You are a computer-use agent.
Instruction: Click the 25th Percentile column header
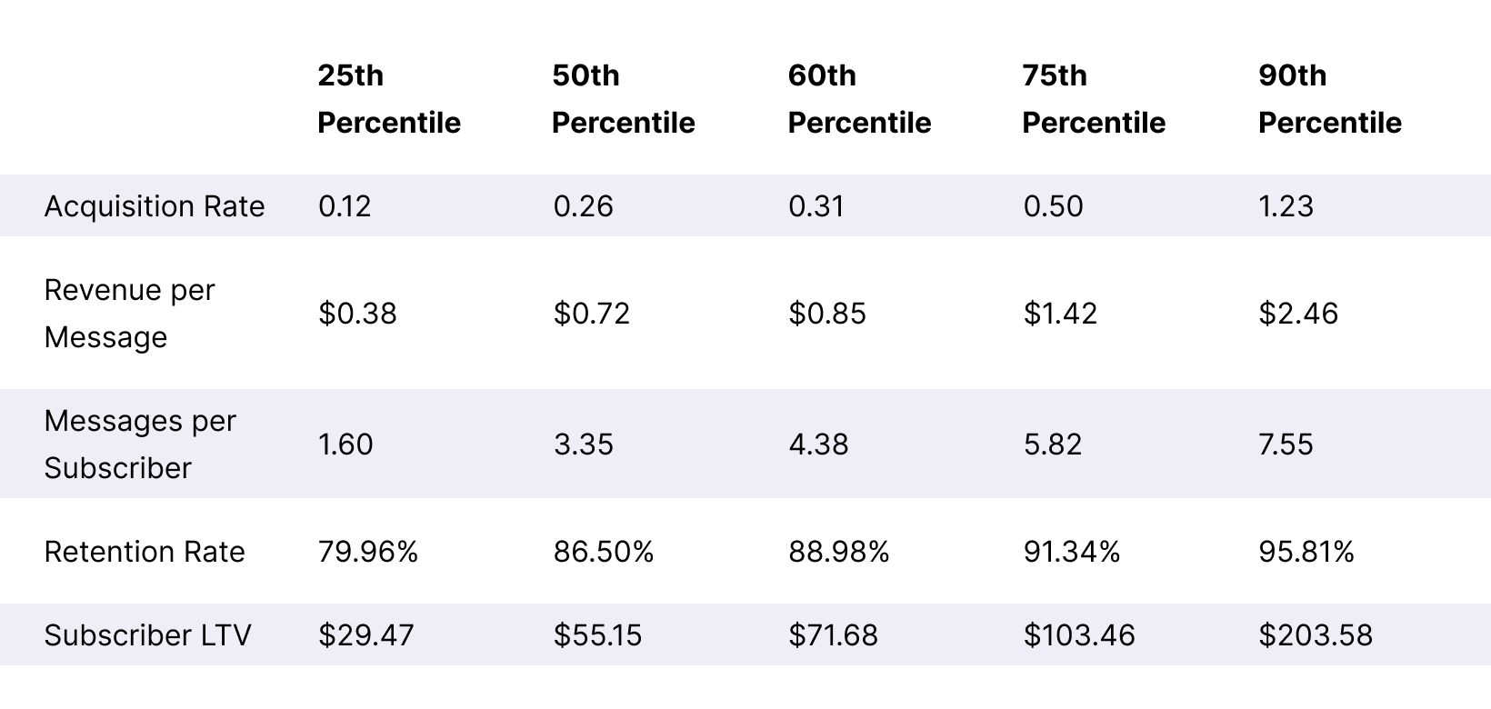(389, 99)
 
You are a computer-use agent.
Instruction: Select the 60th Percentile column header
(859, 99)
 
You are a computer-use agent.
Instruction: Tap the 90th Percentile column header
(1330, 99)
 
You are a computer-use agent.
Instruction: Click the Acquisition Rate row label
(155, 206)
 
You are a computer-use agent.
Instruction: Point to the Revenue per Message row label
(129, 314)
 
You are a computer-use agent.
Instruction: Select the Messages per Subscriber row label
(140, 444)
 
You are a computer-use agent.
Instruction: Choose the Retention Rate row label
(145, 552)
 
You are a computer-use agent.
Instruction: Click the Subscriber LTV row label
(147, 634)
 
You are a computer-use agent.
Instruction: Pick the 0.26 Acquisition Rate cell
(584, 206)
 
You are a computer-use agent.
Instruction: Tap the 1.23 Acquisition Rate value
(1286, 206)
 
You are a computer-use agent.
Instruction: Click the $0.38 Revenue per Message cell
(357, 314)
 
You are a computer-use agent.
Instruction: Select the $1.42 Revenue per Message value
(1060, 314)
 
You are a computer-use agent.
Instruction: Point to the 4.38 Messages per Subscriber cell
(818, 444)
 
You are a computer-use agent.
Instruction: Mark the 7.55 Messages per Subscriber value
(1286, 444)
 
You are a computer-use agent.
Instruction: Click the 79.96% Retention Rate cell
(368, 552)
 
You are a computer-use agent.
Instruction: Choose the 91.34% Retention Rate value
(1072, 552)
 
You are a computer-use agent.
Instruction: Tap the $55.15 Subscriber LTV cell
(597, 634)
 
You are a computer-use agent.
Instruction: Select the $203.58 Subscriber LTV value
(1316, 634)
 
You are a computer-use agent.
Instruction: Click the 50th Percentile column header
(624, 99)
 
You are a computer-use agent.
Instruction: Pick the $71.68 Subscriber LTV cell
(833, 634)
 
